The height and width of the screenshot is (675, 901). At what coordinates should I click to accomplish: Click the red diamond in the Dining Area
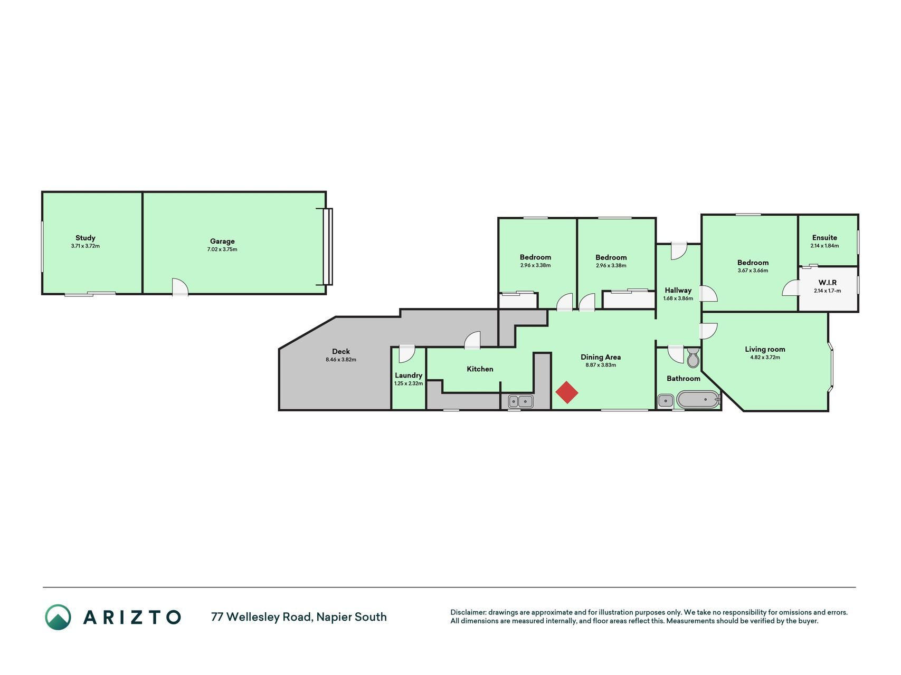[567, 392]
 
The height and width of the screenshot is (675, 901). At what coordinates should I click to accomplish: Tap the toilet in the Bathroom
[693, 358]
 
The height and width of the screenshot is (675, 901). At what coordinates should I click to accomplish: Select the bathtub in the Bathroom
[698, 400]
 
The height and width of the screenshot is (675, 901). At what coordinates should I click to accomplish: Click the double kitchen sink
[521, 402]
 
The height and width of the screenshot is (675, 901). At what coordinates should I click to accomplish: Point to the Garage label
[222, 242]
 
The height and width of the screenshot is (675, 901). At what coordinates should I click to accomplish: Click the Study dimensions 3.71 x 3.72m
[86, 246]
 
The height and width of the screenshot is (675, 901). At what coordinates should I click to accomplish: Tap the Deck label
[341, 352]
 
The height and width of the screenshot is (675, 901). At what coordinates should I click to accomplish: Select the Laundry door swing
[406, 354]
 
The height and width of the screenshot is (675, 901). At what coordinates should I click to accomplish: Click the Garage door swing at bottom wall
[180, 287]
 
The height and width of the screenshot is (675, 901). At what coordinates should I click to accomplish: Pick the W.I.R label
[828, 283]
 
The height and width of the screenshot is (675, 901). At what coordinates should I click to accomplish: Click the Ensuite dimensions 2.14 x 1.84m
[824, 246]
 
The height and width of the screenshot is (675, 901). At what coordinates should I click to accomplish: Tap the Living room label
[765, 349]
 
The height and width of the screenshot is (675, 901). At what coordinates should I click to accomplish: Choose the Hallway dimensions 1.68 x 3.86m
[678, 298]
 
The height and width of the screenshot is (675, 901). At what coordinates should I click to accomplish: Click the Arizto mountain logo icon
[58, 617]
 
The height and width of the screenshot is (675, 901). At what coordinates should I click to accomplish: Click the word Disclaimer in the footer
[468, 613]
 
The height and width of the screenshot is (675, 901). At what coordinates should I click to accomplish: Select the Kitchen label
[480, 369]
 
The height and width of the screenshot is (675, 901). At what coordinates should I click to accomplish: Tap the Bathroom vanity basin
[665, 401]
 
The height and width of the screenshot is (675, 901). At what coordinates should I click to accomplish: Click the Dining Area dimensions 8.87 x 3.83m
[601, 365]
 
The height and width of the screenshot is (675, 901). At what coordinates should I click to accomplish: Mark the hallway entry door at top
[678, 251]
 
